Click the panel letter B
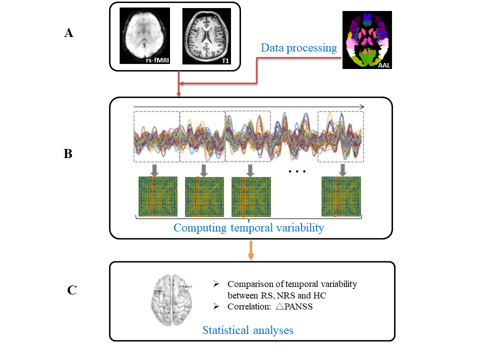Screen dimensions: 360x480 click(x=68, y=153)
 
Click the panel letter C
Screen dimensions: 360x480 click(x=71, y=289)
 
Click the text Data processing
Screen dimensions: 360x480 click(x=299, y=48)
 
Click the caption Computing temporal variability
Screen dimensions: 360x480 click(x=248, y=228)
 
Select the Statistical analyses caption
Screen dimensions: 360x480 click(x=247, y=329)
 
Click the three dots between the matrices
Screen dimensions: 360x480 click(x=297, y=171)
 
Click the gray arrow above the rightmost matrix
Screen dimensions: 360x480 click(x=342, y=170)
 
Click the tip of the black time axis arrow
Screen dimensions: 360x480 click(x=363, y=106)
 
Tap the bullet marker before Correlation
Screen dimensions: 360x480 click(x=216, y=306)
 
